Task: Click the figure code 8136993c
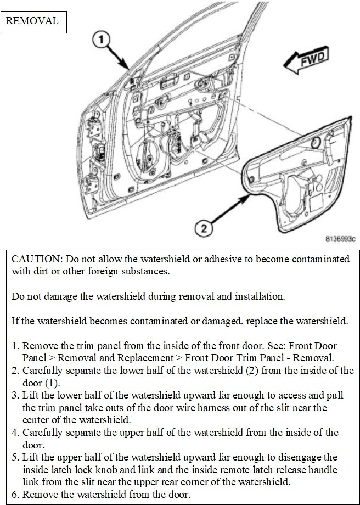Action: (x=340, y=239)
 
